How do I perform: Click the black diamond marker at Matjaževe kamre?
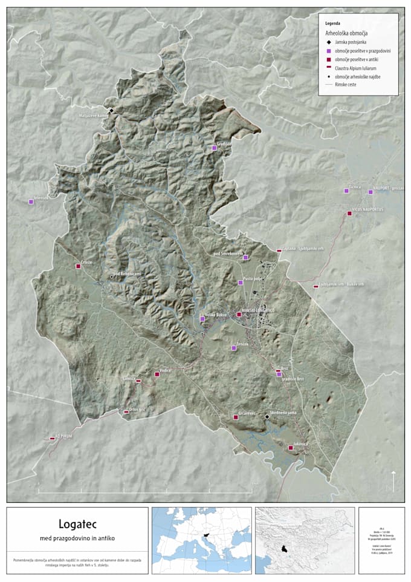111,110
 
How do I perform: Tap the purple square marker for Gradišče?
214,148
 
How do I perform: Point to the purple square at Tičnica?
346,191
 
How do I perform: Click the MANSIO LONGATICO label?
258,310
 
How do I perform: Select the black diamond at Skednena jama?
267,416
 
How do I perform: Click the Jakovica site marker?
290,448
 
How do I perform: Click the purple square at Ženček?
234,348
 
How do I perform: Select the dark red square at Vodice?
157,374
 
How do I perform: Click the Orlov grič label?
137,408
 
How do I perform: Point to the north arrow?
393,481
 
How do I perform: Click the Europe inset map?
201,535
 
